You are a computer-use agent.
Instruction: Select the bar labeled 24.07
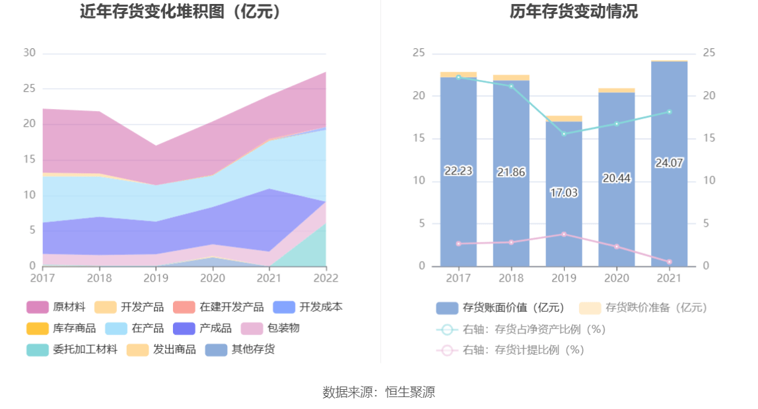coord(669,198)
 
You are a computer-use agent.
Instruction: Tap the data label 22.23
coord(458,171)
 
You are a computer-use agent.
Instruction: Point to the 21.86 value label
coord(510,172)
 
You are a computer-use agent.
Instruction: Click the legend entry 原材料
coord(56,307)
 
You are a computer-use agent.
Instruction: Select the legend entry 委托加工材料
coord(72,350)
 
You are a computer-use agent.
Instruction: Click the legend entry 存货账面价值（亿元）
coord(500,308)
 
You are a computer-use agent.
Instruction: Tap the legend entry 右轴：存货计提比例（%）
coord(510,350)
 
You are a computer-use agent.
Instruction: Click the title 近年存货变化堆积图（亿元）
coord(180,11)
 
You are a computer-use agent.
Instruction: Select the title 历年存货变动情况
coord(573,11)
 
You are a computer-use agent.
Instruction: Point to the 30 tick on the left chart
coord(29,54)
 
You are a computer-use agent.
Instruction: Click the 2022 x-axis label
coord(326,278)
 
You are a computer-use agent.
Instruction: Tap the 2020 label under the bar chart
coord(616,278)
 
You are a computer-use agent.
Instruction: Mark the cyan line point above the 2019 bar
coord(564,134)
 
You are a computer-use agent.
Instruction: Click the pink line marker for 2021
coord(669,262)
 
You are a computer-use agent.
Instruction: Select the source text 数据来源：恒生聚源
coord(379,392)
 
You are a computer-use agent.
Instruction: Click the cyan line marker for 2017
coord(458,77)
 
